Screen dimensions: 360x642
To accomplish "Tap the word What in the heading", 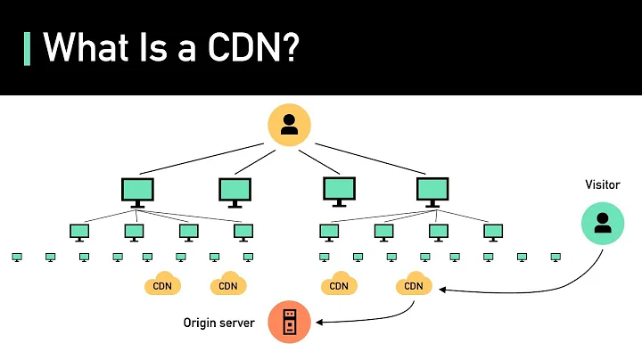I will [x=85, y=47].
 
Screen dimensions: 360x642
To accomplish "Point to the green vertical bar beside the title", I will [x=27, y=47].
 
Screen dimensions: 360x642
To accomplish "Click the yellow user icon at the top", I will [x=289, y=125].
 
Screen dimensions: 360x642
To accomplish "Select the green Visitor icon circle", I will [x=603, y=223].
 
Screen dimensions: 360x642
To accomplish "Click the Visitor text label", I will [x=603, y=184].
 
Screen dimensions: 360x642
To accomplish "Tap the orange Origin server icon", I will [x=289, y=322].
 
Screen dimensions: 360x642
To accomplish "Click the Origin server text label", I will [x=219, y=323].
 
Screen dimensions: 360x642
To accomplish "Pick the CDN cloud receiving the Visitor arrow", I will [x=414, y=284].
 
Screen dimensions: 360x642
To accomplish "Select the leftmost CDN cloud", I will [x=162, y=284].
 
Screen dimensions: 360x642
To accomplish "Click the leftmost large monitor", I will [x=137, y=191].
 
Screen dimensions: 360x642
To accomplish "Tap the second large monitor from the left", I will [x=235, y=191].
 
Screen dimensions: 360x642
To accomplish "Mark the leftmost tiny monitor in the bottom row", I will [x=17, y=258].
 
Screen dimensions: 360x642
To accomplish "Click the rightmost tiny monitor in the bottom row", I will [x=556, y=258].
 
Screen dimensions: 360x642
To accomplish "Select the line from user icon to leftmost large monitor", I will [x=205, y=158].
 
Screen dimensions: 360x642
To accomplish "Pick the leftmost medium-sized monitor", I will [x=79, y=232].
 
